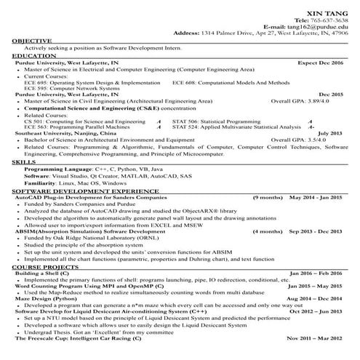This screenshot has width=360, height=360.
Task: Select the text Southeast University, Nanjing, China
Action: coord(64,134)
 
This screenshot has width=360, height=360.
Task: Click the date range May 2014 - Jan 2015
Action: coord(316,218)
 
